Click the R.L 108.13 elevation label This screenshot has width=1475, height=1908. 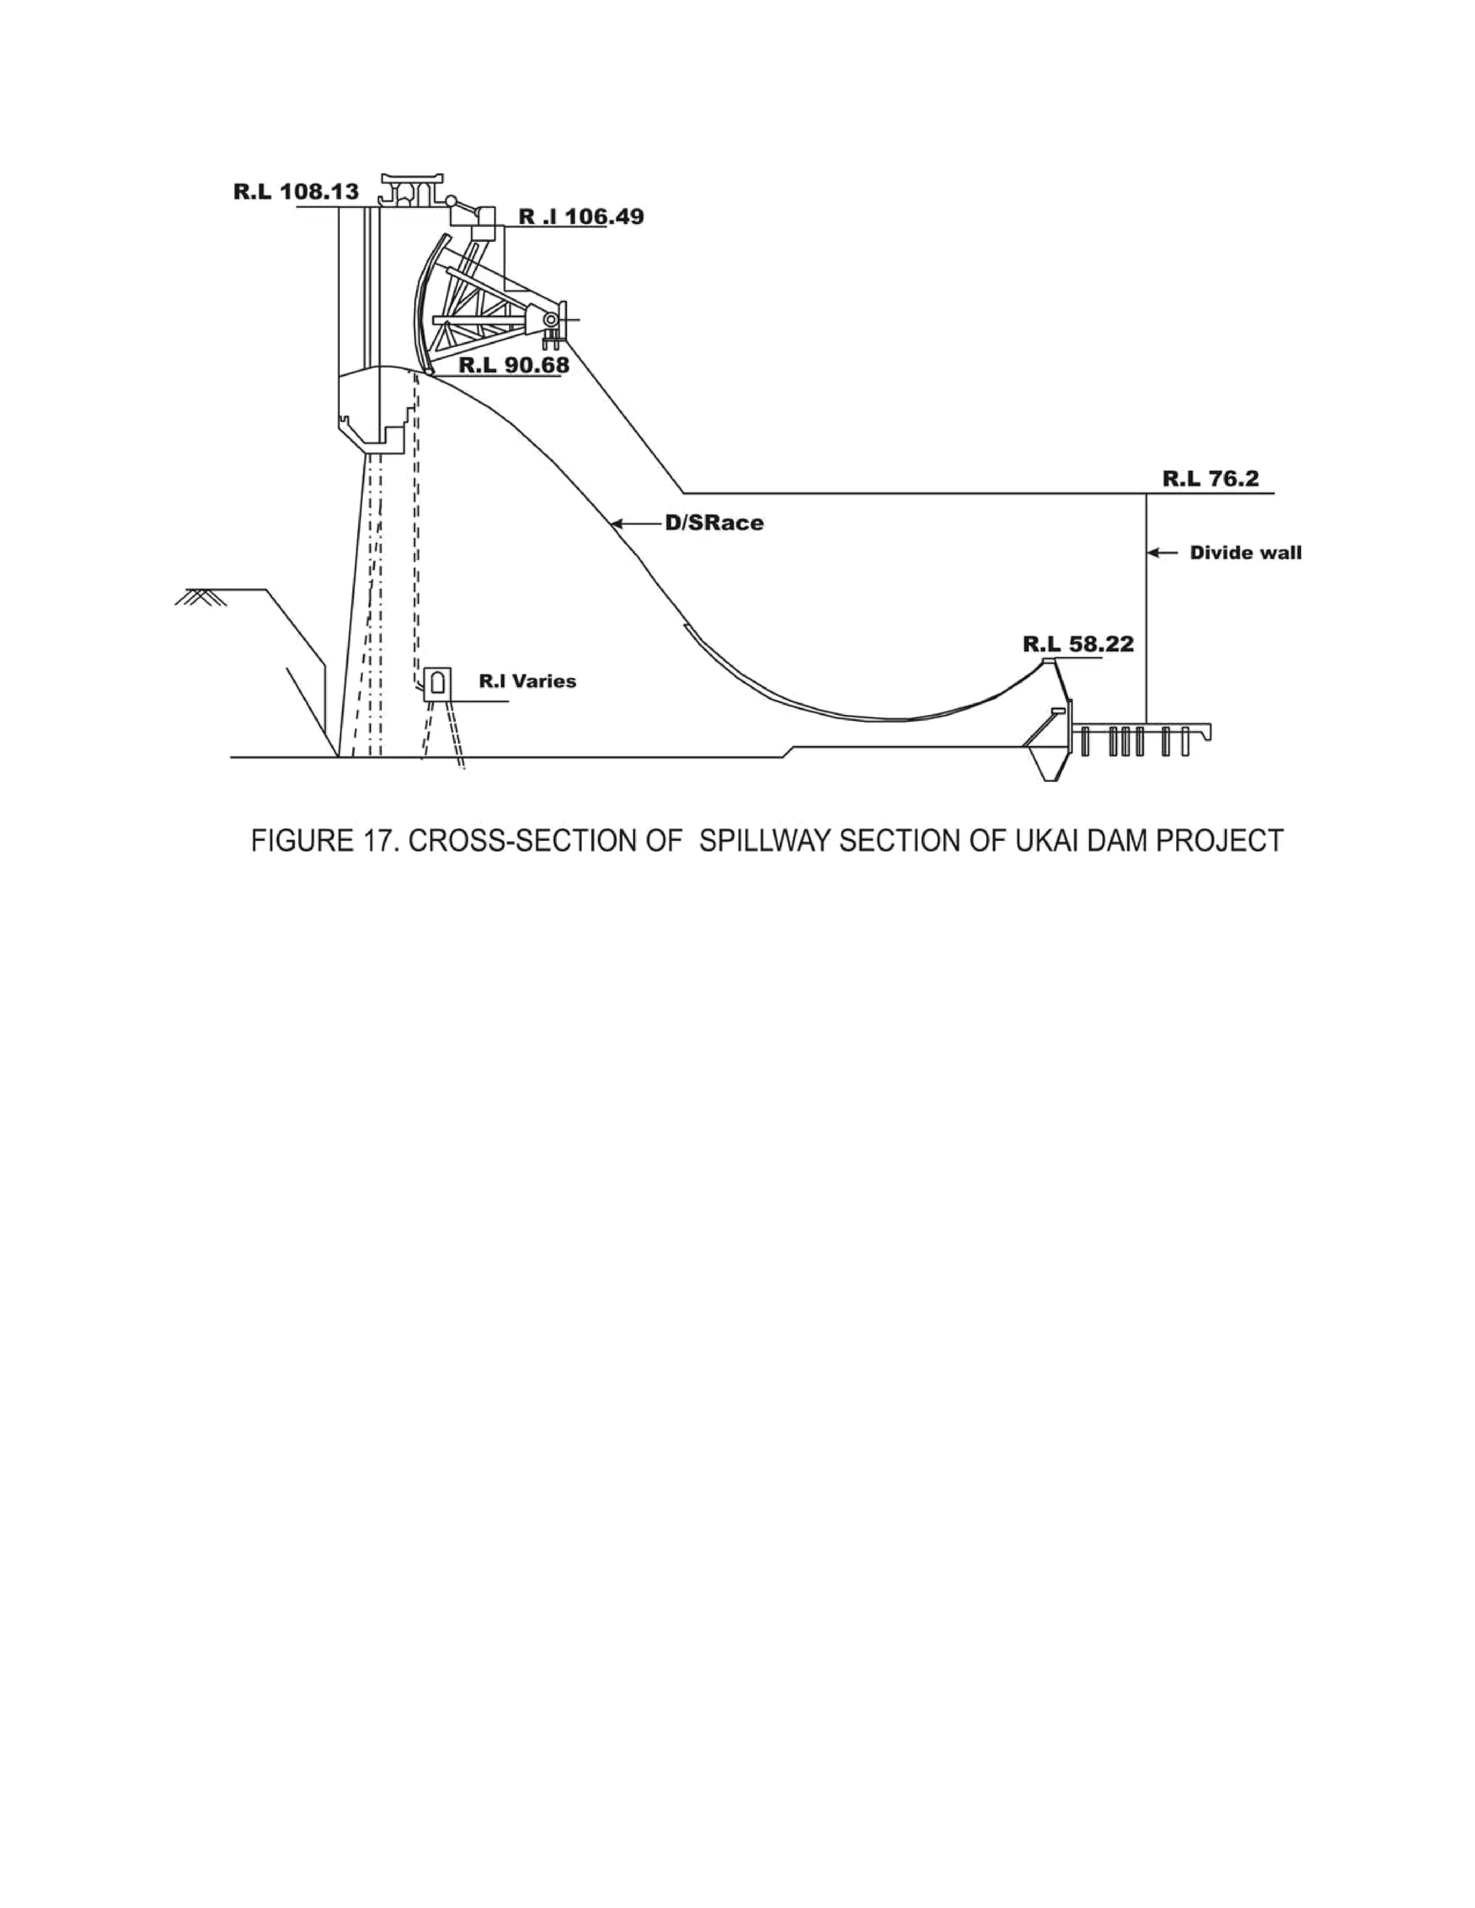click(x=295, y=192)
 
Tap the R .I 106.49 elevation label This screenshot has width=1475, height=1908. click(x=581, y=217)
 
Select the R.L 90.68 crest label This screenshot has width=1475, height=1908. click(x=514, y=365)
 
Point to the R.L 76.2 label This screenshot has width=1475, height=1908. click(x=1210, y=479)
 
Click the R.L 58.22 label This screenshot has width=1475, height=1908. click(x=1077, y=644)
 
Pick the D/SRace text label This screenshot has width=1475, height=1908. click(x=714, y=523)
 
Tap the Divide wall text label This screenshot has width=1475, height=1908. click(x=1245, y=553)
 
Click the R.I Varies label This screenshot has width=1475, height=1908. click(x=527, y=680)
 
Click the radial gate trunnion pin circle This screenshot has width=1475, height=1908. click(x=552, y=320)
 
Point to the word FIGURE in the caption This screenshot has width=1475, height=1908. click(x=297, y=840)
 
